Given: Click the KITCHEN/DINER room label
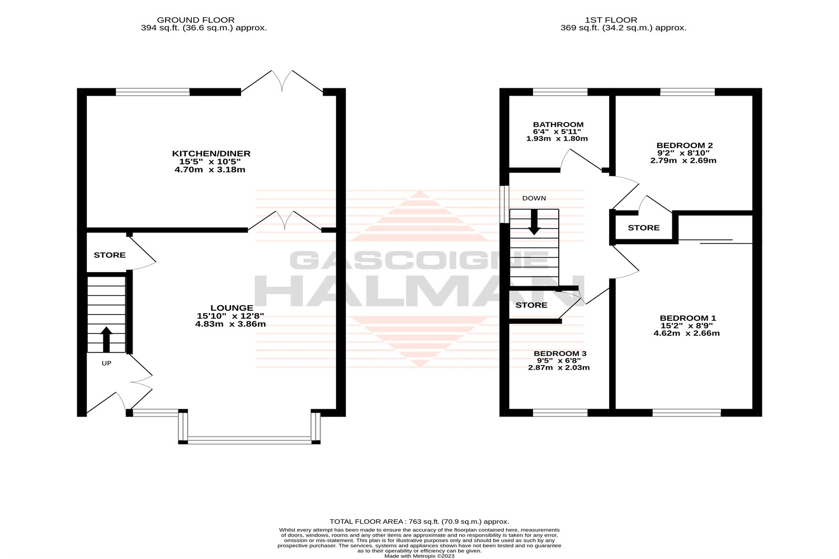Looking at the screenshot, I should tap(211, 154).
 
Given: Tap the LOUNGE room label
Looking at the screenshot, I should tap(232, 308).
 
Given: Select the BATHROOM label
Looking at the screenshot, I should tap(558, 125).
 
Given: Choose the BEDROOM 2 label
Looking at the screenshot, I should tap(684, 146).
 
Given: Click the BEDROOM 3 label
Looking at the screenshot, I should tap(560, 353).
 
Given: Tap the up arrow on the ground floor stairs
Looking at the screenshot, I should tap(106, 339).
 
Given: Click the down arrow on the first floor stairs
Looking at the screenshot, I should tap(534, 222).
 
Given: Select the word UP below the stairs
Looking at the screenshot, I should tap(106, 363).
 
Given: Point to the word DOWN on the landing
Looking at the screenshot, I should tap(534, 198).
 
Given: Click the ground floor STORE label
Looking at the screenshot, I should tap(110, 255).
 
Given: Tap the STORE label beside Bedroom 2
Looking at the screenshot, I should tap(643, 228).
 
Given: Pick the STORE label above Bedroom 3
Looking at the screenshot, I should tap(531, 305).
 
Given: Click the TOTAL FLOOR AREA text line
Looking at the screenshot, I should tap(419, 522).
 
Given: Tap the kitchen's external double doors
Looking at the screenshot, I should tap(282, 82).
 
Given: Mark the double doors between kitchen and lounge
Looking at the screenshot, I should tap(285, 221).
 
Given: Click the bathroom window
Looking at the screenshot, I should tap(560, 92).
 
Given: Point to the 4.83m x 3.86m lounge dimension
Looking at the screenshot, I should tap(230, 324).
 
